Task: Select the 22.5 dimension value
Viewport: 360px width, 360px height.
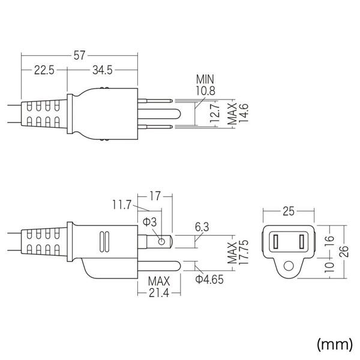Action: click(44, 71)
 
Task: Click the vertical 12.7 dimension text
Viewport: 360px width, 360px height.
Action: click(215, 113)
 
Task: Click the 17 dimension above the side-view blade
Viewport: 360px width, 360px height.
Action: click(155, 195)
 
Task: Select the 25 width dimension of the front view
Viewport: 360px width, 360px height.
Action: click(288, 211)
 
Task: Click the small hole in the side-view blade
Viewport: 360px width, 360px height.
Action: click(161, 241)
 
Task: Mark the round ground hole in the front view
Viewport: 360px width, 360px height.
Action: click(289, 266)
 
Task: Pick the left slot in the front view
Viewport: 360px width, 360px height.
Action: click(277, 242)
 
